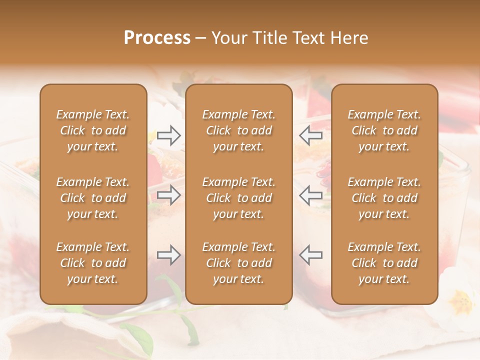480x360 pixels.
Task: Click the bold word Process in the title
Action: click(x=157, y=38)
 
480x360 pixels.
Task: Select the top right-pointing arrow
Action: click(x=168, y=135)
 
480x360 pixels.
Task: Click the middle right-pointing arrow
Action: click(x=168, y=195)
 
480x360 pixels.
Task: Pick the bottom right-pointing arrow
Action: click(x=168, y=255)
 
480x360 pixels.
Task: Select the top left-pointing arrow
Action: click(x=310, y=135)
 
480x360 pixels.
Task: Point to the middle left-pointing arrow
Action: click(x=310, y=195)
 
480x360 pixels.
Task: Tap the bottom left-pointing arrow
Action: click(x=310, y=255)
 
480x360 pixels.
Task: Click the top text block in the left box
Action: click(x=93, y=130)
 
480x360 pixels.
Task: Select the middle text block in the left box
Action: click(x=93, y=198)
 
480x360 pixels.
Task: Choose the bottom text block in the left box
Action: click(x=93, y=263)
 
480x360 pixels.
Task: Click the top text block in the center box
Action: click(x=238, y=130)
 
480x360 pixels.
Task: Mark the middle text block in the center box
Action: click(x=238, y=198)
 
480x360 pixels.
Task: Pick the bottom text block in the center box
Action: click(x=238, y=263)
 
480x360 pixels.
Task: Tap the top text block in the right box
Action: click(x=384, y=130)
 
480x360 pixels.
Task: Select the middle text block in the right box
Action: click(x=384, y=198)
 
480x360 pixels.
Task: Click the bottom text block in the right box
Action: click(x=384, y=263)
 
